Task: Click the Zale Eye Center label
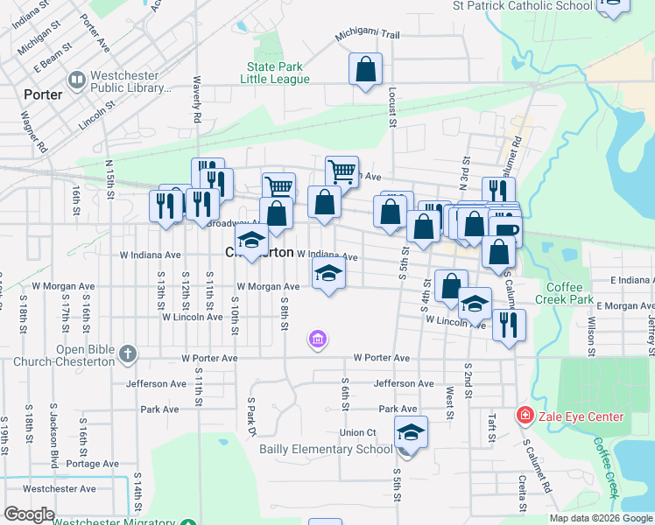tap(581, 417)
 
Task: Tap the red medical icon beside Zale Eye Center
tap(525, 416)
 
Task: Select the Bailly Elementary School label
tap(326, 450)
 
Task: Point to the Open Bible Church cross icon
tap(128, 353)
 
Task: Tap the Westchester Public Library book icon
tap(77, 80)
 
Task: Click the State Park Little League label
tap(278, 73)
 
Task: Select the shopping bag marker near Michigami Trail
tap(365, 68)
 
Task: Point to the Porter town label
tap(44, 94)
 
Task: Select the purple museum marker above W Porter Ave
tap(318, 339)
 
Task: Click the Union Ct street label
tap(357, 432)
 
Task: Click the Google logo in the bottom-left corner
tap(29, 514)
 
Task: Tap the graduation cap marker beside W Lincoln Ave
tap(475, 304)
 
